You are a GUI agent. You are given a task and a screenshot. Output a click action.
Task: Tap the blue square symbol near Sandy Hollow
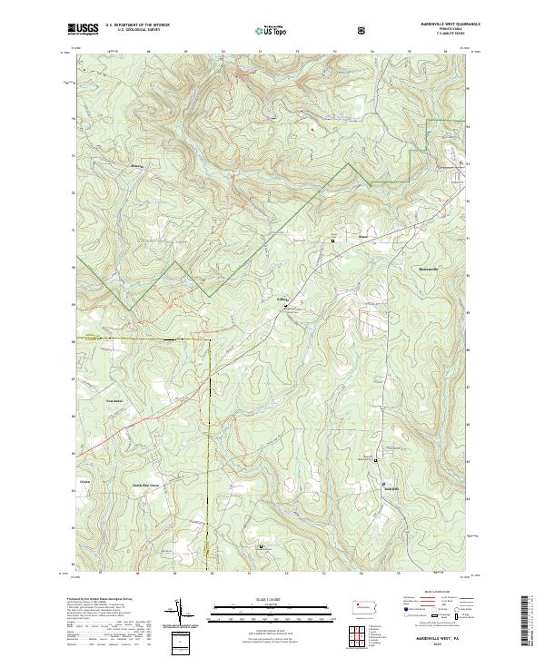tap(382, 483)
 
